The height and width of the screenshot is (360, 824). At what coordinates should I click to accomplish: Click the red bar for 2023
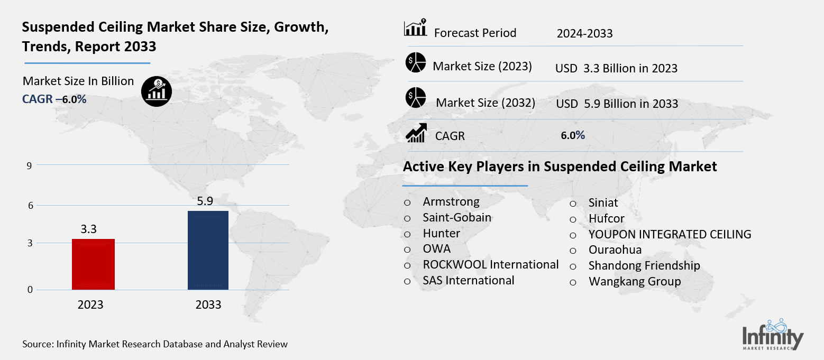(x=93, y=264)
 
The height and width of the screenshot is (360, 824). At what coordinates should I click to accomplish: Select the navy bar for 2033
(x=208, y=250)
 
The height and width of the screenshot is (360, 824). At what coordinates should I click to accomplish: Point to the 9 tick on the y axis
(x=30, y=165)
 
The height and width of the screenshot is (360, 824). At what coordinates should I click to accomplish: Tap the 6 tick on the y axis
(x=30, y=206)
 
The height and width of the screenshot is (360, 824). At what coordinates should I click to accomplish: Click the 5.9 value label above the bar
(x=208, y=201)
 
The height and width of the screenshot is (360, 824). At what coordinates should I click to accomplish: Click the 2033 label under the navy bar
(x=208, y=305)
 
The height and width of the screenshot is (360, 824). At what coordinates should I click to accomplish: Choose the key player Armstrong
(x=451, y=201)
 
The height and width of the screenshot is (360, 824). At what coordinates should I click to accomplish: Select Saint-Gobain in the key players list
(x=457, y=217)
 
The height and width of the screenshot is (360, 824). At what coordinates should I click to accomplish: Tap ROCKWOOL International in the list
(x=490, y=264)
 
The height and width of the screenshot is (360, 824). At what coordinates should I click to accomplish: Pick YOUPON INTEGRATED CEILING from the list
(x=670, y=234)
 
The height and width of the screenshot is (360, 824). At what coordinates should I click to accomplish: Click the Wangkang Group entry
(x=635, y=281)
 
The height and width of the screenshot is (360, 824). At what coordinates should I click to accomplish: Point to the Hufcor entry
(x=607, y=218)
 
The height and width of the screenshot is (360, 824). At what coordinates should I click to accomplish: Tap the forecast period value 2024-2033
(x=584, y=34)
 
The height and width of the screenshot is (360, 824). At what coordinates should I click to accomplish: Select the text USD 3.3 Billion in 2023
(x=616, y=68)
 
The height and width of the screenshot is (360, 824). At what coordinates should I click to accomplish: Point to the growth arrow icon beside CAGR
(x=416, y=133)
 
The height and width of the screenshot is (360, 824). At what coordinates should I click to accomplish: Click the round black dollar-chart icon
(x=157, y=91)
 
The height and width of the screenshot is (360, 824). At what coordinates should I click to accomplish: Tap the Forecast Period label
(x=475, y=33)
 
